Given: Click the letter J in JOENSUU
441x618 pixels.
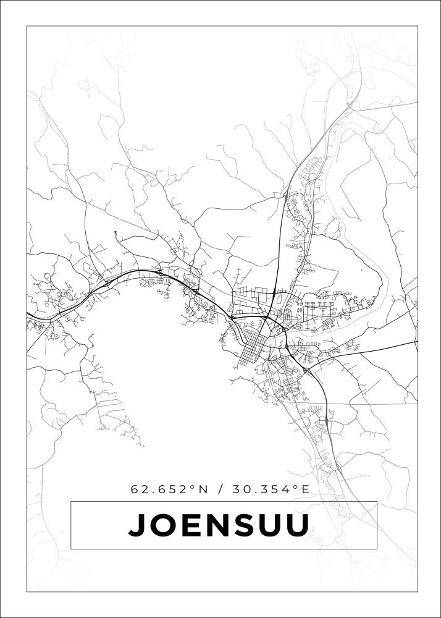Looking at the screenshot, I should point(136,525).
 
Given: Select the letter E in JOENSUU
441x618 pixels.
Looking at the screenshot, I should point(188,525).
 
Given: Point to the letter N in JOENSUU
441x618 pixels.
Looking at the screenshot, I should point(214,525).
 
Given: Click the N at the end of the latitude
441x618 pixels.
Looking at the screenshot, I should point(203,489).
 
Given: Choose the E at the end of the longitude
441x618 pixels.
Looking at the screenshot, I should point(304,489).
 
